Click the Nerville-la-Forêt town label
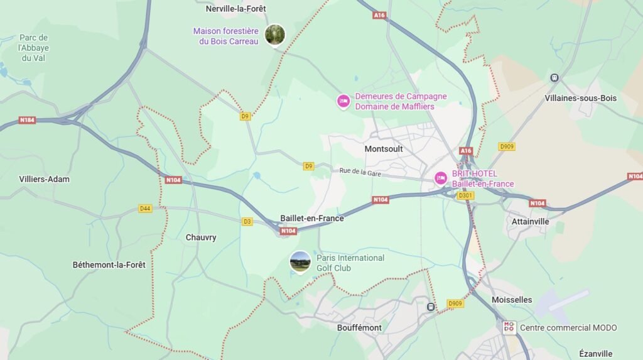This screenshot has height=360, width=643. click(x=236, y=9)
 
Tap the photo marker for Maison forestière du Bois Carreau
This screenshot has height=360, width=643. click(x=275, y=35)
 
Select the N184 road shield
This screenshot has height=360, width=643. click(x=27, y=120)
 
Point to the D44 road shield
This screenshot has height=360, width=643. click(x=146, y=208)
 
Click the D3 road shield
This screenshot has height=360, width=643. click(x=247, y=221)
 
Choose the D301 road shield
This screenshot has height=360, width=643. click(x=465, y=195)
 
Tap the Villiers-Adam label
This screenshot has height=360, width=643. click(x=45, y=179)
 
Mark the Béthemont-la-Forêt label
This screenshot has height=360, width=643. click(x=109, y=265)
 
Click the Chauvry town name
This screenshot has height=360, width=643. click(x=201, y=237)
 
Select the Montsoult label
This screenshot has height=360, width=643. click(x=384, y=149)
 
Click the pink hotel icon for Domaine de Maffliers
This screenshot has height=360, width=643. click(x=343, y=101)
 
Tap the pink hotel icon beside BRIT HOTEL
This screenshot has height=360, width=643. click(x=441, y=178)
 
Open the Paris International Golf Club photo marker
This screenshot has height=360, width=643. click(x=300, y=261)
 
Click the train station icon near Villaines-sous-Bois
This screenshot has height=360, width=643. click(x=554, y=78)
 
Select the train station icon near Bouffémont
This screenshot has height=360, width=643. click(x=431, y=307)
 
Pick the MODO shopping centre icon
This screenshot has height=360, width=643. click(x=509, y=327)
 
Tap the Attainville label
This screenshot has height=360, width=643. click(x=531, y=221)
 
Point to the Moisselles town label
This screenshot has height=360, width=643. click(x=512, y=300)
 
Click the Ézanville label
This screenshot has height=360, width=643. click(x=596, y=354)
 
